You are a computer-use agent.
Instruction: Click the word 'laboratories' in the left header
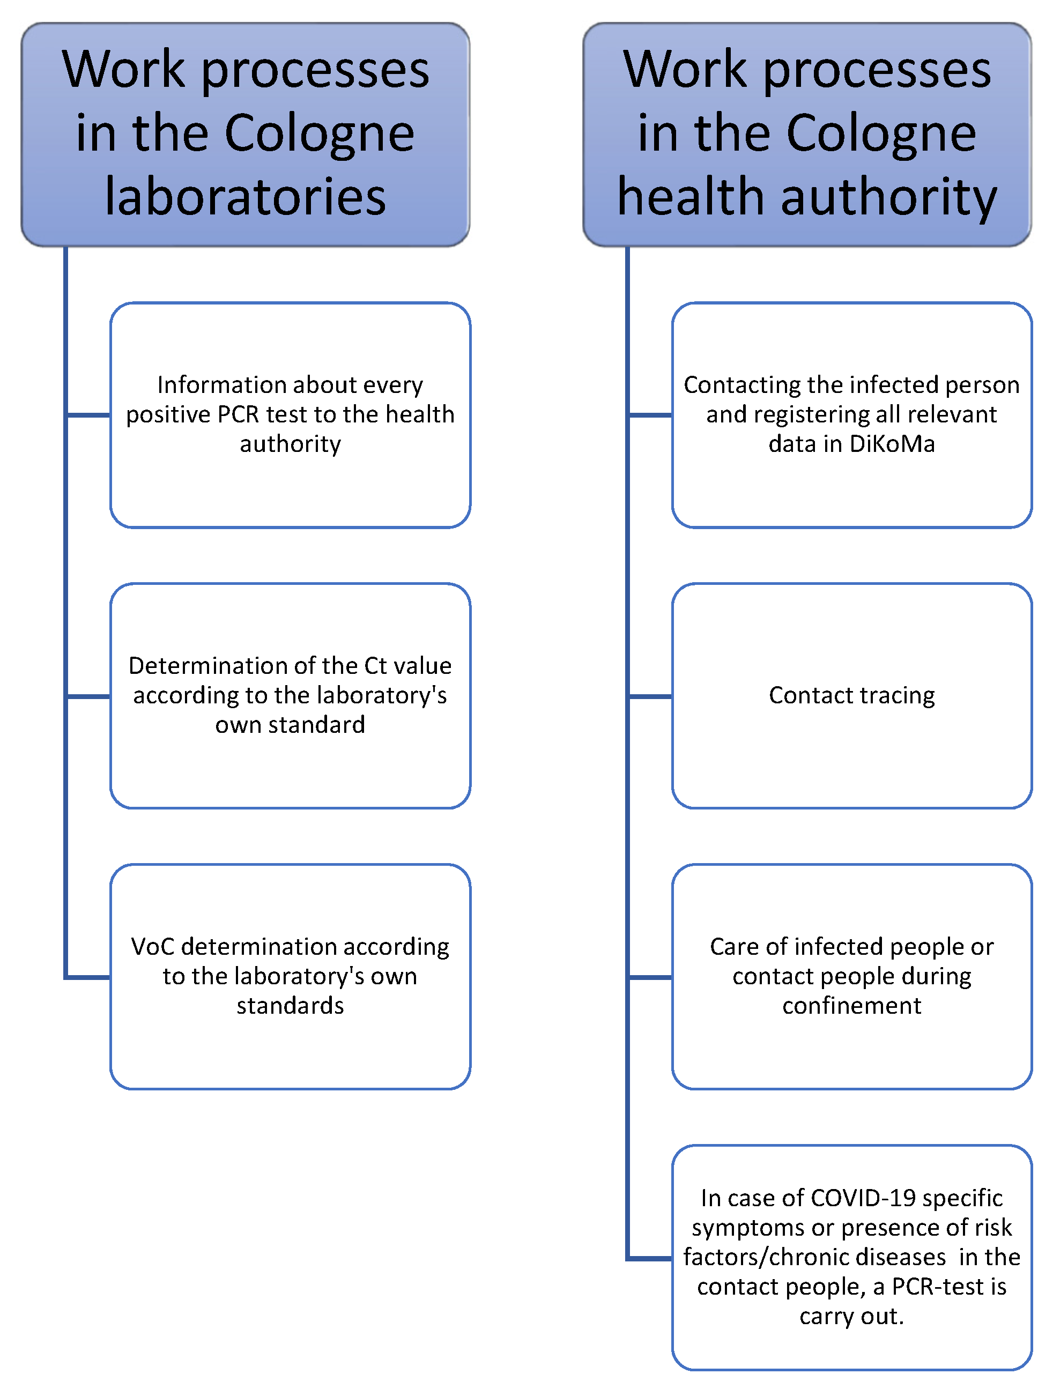(x=245, y=197)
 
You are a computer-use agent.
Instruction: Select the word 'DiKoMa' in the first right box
(x=892, y=444)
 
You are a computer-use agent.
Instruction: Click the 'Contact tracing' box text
(x=851, y=695)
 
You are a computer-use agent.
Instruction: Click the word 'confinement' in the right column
(x=851, y=1005)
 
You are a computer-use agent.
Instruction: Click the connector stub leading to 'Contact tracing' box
(x=650, y=696)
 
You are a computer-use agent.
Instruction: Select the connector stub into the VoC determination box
(x=88, y=977)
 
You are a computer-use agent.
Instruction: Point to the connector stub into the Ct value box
(x=88, y=696)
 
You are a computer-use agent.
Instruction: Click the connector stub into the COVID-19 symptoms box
(x=650, y=1258)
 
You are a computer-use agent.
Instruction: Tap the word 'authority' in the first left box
(x=290, y=444)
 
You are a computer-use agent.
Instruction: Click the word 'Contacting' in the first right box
(x=730, y=384)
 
